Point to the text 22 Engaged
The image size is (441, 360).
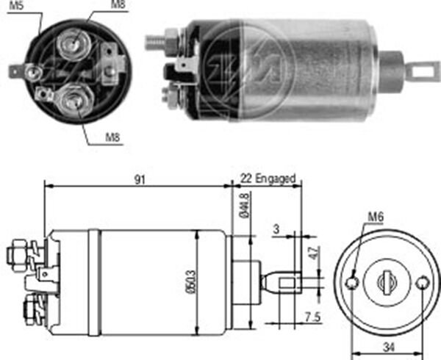(x=268, y=178)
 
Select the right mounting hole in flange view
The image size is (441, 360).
(x=421, y=283)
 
